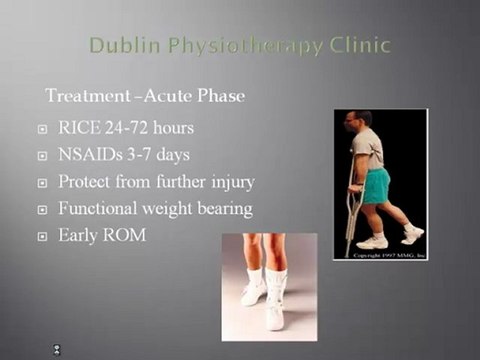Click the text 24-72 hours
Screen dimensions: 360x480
coord(157,129)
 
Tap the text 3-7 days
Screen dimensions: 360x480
coord(170,156)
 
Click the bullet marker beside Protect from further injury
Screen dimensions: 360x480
coord(42,184)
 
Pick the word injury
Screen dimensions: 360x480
coord(232,183)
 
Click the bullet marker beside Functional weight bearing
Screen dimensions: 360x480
coord(42,211)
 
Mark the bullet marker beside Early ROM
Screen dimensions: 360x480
coord(42,238)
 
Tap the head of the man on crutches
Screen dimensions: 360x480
coord(363,122)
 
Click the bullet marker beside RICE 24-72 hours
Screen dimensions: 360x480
coord(42,130)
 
